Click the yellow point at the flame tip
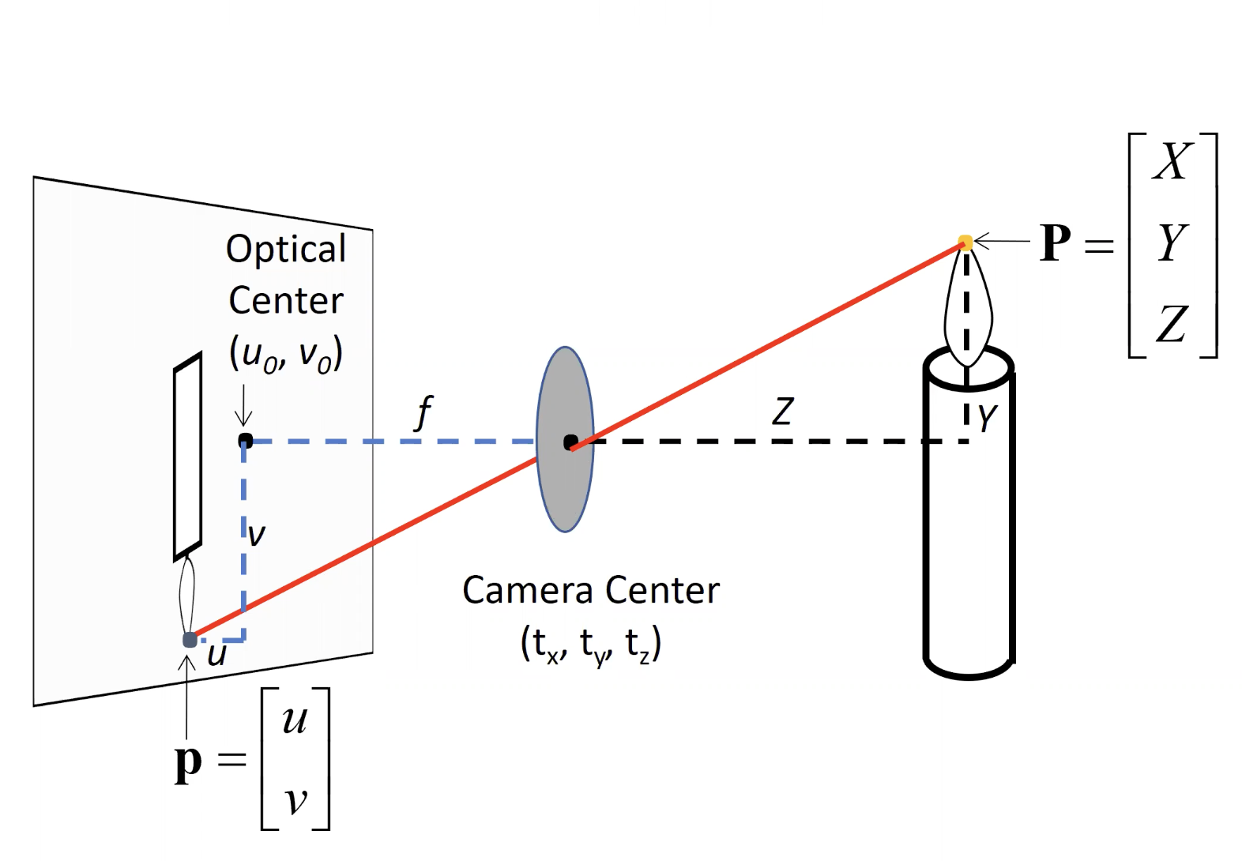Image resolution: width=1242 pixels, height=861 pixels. point(965,242)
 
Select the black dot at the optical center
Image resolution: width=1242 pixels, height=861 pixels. point(245,440)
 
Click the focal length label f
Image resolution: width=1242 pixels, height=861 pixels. point(424,412)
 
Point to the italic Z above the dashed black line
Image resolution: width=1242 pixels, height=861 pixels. point(782,412)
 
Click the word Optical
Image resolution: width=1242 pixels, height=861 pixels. point(286,249)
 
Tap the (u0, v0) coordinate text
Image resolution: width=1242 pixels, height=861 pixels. point(286,354)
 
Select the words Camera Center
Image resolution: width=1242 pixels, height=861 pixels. point(591,590)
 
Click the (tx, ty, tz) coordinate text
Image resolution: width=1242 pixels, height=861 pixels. point(591,644)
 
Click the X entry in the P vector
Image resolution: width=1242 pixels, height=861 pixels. point(1172,161)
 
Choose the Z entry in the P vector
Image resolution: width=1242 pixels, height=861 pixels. point(1172,324)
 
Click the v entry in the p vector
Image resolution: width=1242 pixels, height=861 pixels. point(295,800)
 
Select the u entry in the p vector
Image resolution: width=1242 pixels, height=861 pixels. point(295,720)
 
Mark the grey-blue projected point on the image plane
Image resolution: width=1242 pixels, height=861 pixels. point(190,639)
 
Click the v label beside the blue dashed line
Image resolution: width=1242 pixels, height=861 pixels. point(257,536)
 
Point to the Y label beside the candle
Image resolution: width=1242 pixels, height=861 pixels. point(987,418)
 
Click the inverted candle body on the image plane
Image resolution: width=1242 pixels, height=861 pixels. point(187,458)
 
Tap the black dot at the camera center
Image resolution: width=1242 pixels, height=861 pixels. point(570,442)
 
